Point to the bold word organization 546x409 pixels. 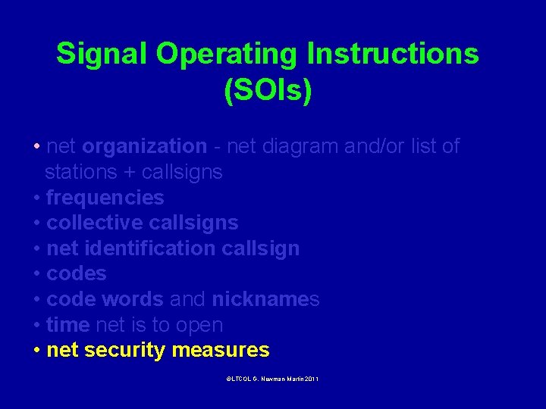point(144,146)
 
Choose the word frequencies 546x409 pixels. point(105,198)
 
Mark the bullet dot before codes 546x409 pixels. point(37,274)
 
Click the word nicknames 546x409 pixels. point(265,299)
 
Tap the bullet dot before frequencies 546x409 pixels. point(37,198)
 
